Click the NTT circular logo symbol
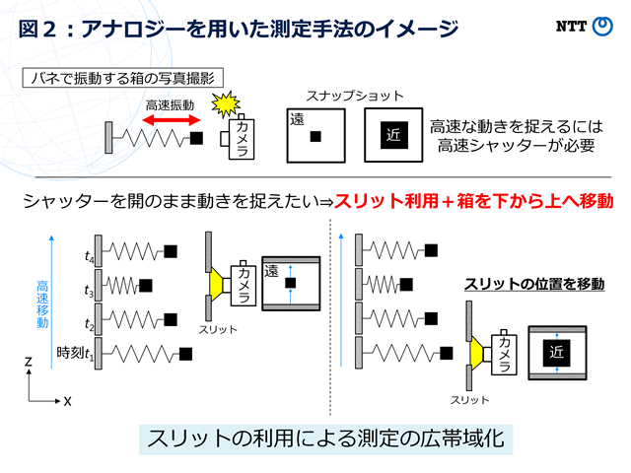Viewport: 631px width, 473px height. [x=602, y=27]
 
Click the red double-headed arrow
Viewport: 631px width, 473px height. [x=172, y=120]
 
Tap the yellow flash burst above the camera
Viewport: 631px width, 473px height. [x=226, y=103]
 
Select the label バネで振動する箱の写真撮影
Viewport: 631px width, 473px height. [x=122, y=78]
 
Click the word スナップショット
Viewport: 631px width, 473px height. [x=355, y=97]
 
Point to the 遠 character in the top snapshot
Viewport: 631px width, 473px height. [x=297, y=119]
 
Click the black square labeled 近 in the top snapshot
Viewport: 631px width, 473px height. [x=394, y=135]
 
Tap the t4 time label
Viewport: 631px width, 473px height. [x=89, y=256]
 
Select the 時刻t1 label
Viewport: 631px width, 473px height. [x=75, y=353]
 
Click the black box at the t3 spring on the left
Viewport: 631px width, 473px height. [x=146, y=286]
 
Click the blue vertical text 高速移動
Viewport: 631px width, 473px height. [x=42, y=304]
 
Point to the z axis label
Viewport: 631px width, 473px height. [x=28, y=362]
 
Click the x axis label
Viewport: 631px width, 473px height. [x=67, y=401]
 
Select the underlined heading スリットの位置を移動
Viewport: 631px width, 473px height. [x=534, y=284]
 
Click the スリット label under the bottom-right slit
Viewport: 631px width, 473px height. [x=469, y=400]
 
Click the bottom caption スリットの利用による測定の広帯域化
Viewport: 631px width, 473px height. [x=326, y=439]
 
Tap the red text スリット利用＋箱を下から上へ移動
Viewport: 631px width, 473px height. [x=474, y=201]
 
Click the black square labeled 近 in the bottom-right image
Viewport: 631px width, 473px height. [x=556, y=353]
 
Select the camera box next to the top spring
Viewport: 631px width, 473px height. [x=241, y=138]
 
